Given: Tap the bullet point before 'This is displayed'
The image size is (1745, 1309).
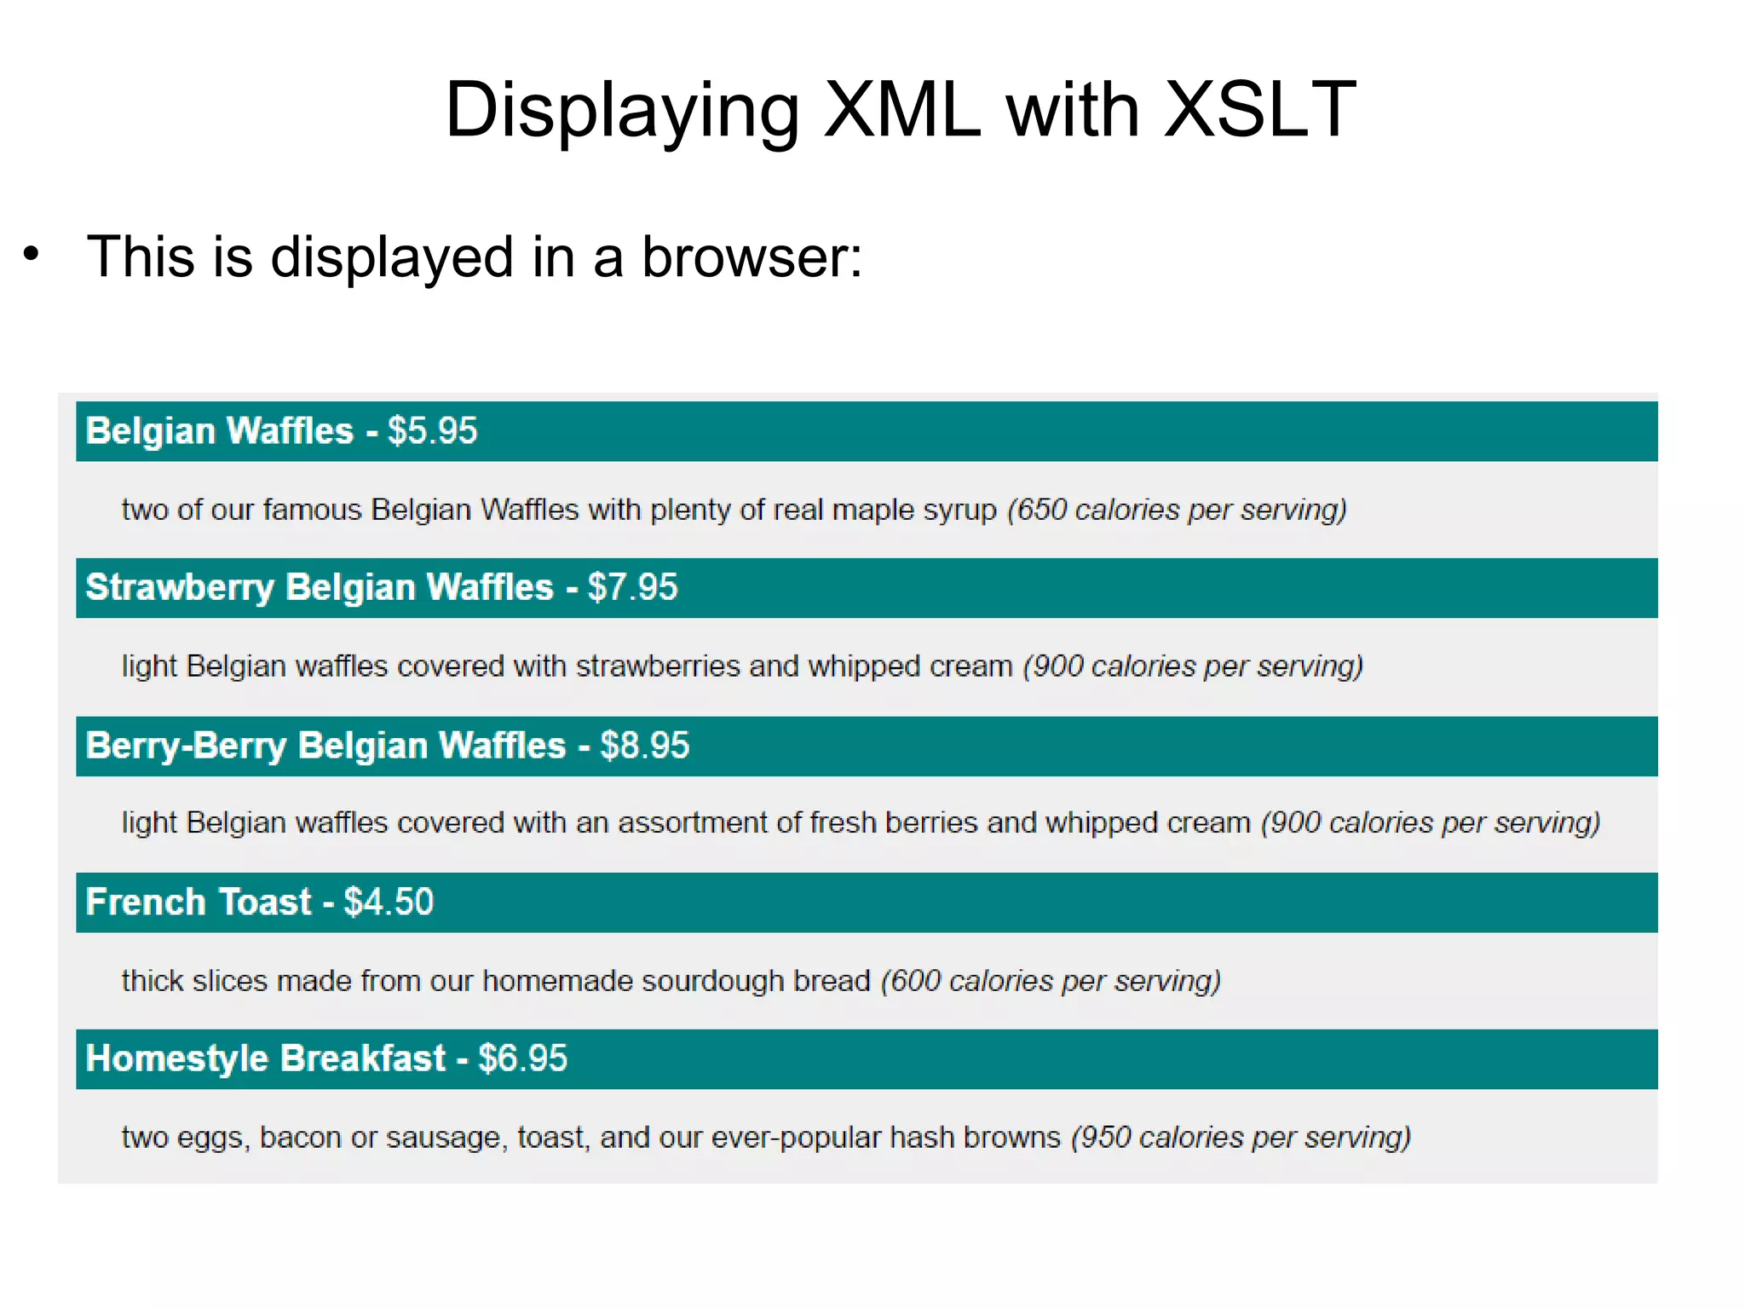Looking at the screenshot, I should (x=32, y=254).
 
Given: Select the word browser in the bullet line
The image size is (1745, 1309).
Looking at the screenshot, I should (x=751, y=257).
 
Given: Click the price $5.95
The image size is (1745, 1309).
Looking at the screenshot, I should (x=432, y=431).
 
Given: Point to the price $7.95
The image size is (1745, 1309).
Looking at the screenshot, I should (x=632, y=588).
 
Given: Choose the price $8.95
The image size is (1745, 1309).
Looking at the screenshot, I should (x=644, y=746).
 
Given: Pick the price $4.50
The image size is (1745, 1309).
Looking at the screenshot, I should (x=389, y=902).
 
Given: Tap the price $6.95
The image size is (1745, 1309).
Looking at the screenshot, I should (x=522, y=1059).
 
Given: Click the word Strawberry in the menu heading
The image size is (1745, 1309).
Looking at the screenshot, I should (x=180, y=588).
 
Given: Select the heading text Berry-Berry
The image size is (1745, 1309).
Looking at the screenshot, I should (x=187, y=746).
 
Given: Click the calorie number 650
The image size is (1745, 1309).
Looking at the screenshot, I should (x=1041, y=510).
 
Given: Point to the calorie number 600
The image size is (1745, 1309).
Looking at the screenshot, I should (x=915, y=981).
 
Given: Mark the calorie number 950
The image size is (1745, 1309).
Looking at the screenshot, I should (x=1105, y=1138).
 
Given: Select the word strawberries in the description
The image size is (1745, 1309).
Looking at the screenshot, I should (x=658, y=666).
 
